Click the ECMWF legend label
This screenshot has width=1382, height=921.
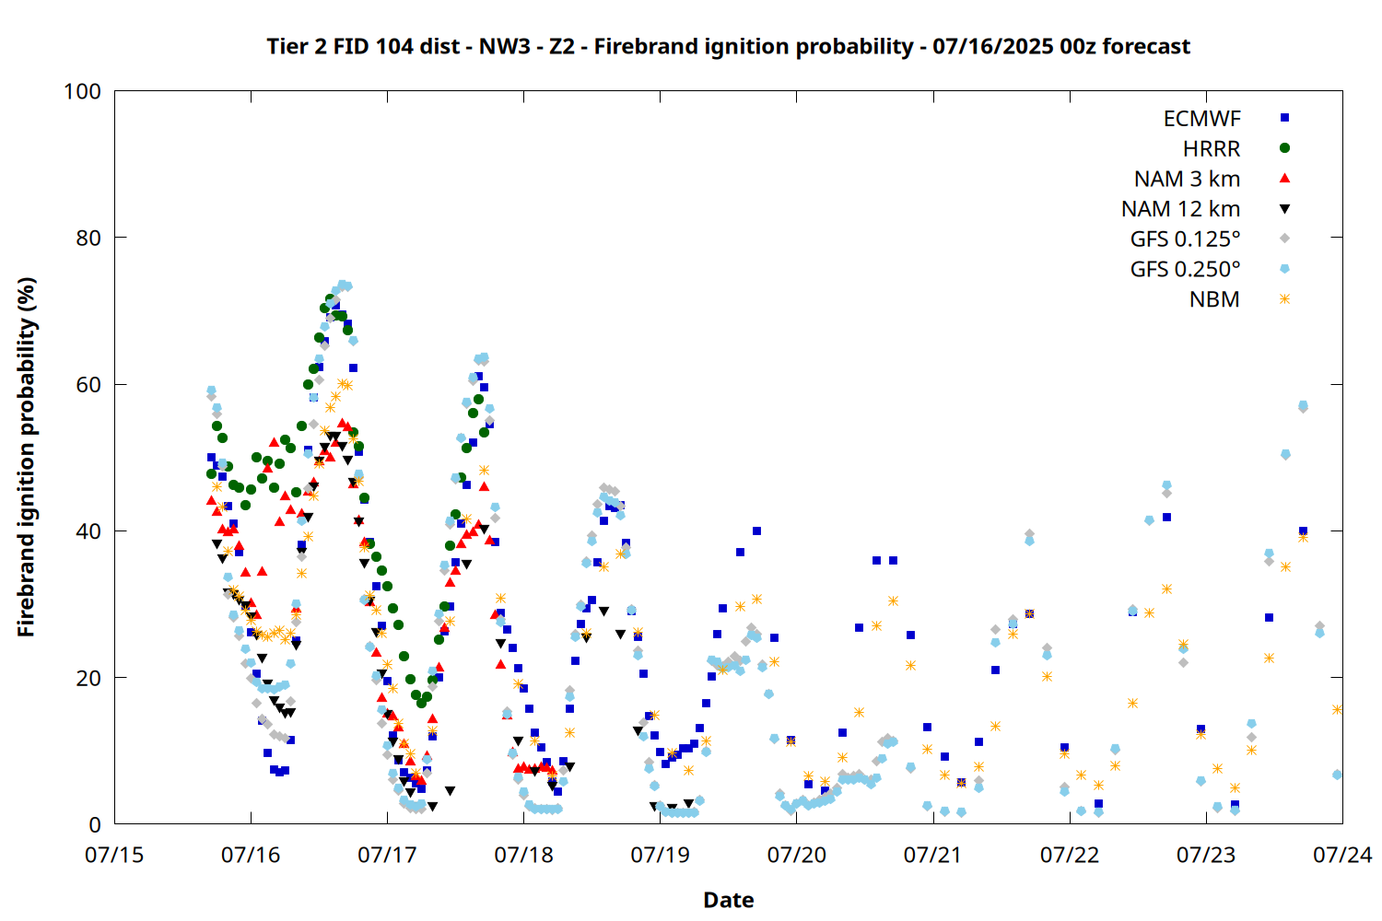click(1201, 119)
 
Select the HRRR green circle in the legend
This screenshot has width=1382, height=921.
click(1284, 148)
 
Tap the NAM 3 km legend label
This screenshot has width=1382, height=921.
click(1187, 179)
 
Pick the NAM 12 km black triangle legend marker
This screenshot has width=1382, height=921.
click(1284, 209)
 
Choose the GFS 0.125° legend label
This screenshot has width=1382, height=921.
click(1185, 239)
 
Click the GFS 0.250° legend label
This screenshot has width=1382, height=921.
click(1185, 269)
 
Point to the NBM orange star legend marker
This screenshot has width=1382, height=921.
click(1284, 299)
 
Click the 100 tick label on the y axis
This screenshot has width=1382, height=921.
click(82, 91)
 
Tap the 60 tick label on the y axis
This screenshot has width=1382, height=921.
click(88, 384)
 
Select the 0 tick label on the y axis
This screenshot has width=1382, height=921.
click(95, 824)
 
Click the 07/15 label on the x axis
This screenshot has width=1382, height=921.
click(114, 855)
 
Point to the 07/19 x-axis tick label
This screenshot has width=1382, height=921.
click(661, 855)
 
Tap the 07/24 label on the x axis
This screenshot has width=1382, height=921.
click(1342, 855)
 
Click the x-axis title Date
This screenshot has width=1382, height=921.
click(729, 900)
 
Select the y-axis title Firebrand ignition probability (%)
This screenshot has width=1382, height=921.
click(27, 457)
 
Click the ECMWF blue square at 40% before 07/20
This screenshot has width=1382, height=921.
click(757, 531)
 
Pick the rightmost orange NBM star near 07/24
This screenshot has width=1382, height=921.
click(1337, 709)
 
